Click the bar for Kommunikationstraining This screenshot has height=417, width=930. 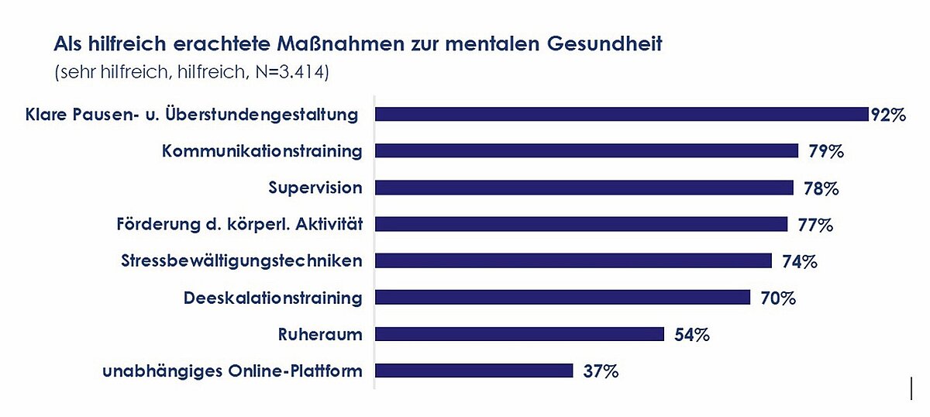(587, 151)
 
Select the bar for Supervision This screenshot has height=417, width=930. (584, 188)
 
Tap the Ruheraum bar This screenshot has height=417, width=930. (519, 334)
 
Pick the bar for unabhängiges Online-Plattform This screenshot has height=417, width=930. (474, 370)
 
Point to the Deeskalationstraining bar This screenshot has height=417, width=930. (563, 298)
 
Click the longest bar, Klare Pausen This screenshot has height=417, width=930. (622, 115)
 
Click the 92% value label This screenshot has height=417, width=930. (888, 115)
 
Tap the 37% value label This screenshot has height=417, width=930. (601, 371)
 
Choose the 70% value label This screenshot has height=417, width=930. (778, 298)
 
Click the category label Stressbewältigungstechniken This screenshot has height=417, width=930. (242, 260)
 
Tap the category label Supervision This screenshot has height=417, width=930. (315, 188)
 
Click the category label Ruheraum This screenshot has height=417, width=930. (320, 334)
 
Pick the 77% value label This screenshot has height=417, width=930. (815, 226)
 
